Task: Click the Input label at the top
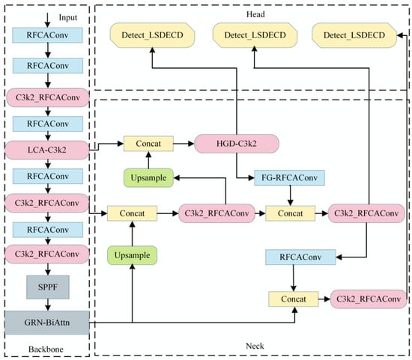pos(67,18)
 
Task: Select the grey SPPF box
pos(48,287)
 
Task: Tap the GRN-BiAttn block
pos(47,323)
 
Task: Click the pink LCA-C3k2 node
pos(47,150)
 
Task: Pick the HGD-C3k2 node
pos(237,144)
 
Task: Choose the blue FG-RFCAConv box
pos(290,178)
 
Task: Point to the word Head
pos(255,14)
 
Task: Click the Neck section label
pos(255,346)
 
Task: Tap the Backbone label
pos(46,350)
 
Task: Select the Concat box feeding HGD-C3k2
pos(148,144)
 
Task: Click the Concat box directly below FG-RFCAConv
pos(291,213)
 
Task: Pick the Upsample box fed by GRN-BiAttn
pos(132,255)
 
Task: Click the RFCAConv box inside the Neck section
pos(300,257)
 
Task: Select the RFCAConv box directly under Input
pos(47,35)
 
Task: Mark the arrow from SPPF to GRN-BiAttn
pos(48,305)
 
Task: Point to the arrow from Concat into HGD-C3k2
pos(184,144)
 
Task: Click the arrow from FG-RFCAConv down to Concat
pos(291,195)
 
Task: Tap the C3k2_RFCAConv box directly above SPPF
pos(47,254)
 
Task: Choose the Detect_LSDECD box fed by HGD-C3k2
pos(152,35)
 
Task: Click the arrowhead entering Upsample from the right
pos(176,178)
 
